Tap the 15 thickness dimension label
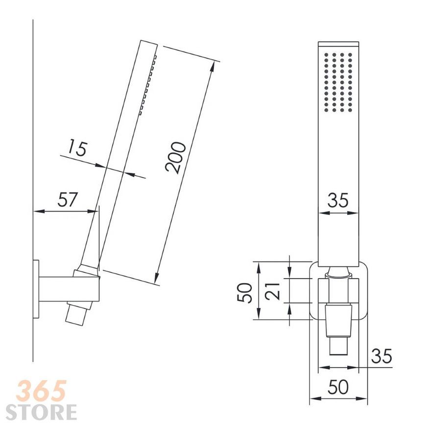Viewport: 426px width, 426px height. point(77,147)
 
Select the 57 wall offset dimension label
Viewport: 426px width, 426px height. point(68,199)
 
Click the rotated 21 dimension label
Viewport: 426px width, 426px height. point(273,291)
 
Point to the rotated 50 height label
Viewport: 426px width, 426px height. point(244,292)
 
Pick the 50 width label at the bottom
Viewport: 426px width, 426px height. point(338,387)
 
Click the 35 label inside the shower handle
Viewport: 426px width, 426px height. point(338,200)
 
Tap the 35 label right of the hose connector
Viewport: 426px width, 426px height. point(382,356)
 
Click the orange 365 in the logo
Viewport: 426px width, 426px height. point(41,391)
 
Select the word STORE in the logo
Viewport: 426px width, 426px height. point(41,412)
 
